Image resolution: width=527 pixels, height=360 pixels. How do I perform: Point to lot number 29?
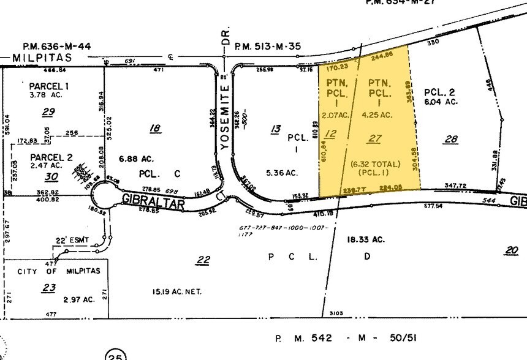point(48,111)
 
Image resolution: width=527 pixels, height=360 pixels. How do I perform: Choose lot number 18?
point(155,128)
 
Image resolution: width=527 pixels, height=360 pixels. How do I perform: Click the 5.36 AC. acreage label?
point(282,173)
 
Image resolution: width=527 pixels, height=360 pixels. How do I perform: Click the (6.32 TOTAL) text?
point(375,164)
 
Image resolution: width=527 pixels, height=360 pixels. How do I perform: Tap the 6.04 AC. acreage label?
point(441,102)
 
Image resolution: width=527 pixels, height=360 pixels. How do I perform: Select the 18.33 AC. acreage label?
point(366,239)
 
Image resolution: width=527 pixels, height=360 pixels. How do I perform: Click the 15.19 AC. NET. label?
point(177,291)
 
